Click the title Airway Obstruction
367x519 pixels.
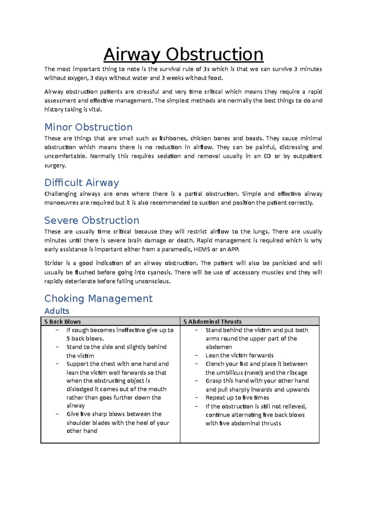coord(183,55)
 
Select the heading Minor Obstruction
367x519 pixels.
coord(88,127)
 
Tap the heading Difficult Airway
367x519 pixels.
coord(82,183)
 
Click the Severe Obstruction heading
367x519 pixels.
coord(92,220)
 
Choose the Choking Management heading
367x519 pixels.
coord(98,299)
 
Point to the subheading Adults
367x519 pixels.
coord(57,311)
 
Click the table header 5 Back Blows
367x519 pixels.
coord(62,322)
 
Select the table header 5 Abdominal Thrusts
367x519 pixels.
coord(212,322)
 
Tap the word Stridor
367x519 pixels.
coord(53,263)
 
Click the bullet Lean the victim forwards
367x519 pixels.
coord(239,355)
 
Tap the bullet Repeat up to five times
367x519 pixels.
coord(237,398)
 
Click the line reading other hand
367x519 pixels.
coord(82,431)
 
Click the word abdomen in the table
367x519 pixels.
coord(219,347)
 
